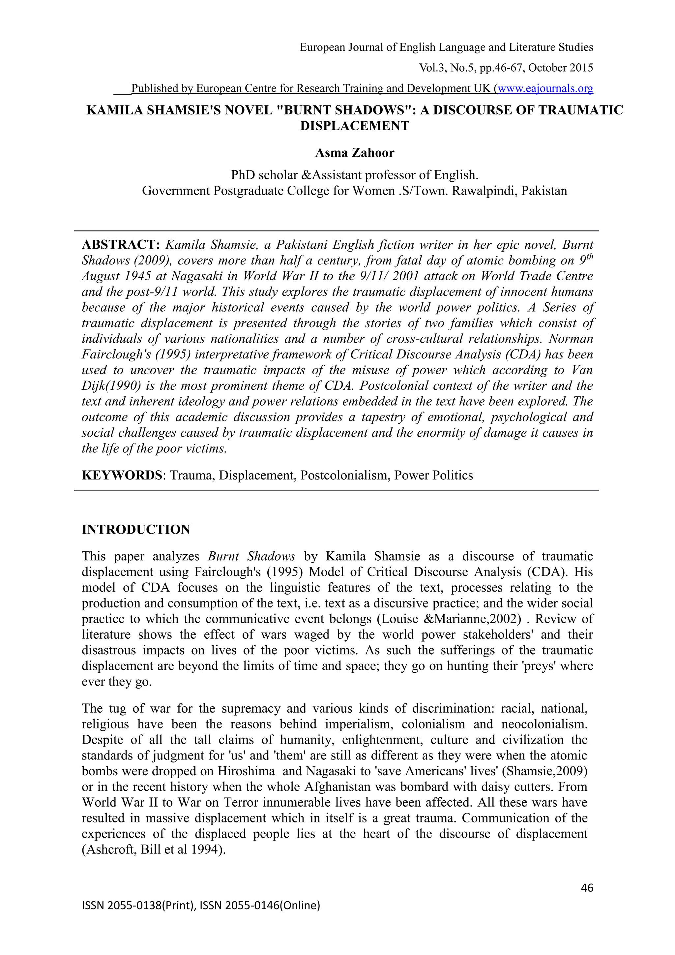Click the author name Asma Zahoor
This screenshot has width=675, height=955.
point(355,153)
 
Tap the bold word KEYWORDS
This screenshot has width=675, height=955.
point(121,475)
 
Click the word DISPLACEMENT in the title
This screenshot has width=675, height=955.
point(355,126)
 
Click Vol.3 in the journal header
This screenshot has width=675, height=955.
point(432,68)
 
